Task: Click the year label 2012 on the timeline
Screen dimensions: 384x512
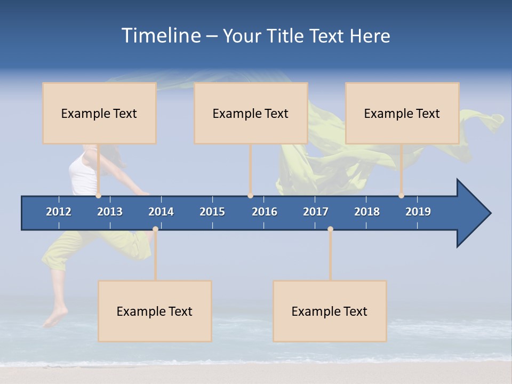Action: pos(59,212)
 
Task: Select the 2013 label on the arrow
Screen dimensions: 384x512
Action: pos(110,212)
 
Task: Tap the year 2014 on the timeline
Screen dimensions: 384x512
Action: pos(161,212)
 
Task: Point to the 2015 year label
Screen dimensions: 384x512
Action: pos(212,212)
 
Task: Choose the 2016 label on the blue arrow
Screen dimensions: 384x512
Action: pos(265,212)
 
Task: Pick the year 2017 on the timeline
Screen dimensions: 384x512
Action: pos(316,212)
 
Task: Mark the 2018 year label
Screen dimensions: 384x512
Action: pos(367,212)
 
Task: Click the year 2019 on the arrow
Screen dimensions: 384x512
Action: pos(418,212)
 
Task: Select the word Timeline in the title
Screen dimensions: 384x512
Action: pos(160,36)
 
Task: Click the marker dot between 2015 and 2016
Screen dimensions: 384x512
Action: pos(250,196)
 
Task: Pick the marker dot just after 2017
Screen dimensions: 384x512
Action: pos(330,229)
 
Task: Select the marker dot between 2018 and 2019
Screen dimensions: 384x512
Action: pos(401,196)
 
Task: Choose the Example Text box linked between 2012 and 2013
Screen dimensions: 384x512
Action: pos(99,113)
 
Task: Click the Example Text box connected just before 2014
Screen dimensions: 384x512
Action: pos(155,311)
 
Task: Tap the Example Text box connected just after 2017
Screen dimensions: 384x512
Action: pos(330,311)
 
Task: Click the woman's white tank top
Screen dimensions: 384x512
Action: pos(83,173)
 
